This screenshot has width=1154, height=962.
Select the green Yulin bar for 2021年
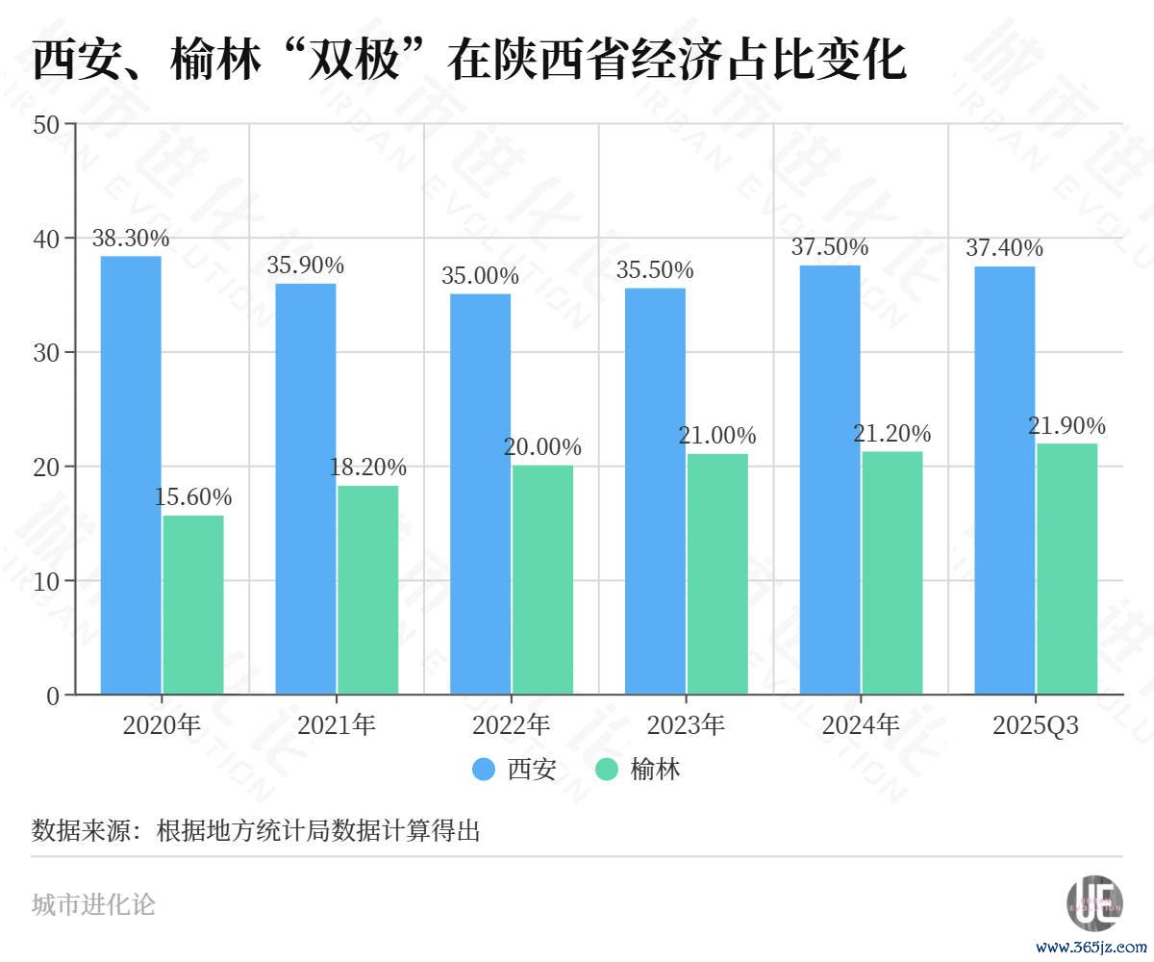coord(367,590)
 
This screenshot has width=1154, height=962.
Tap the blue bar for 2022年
coord(480,494)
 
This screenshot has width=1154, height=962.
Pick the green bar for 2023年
coord(717,573)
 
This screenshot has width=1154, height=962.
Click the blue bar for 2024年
coord(830,479)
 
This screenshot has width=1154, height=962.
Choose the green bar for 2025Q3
coord(1066,569)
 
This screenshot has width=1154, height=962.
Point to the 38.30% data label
coord(131,239)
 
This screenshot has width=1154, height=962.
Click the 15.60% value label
coord(193,497)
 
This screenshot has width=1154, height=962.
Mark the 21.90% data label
coord(1066,426)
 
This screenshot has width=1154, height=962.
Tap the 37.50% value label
coord(830,247)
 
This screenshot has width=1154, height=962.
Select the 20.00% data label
coord(542,447)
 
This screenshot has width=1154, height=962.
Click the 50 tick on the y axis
coord(46,124)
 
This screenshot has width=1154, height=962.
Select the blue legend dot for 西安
coord(484,770)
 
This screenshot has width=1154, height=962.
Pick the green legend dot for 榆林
coord(607,770)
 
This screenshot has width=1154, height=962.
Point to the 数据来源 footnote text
coord(256,830)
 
